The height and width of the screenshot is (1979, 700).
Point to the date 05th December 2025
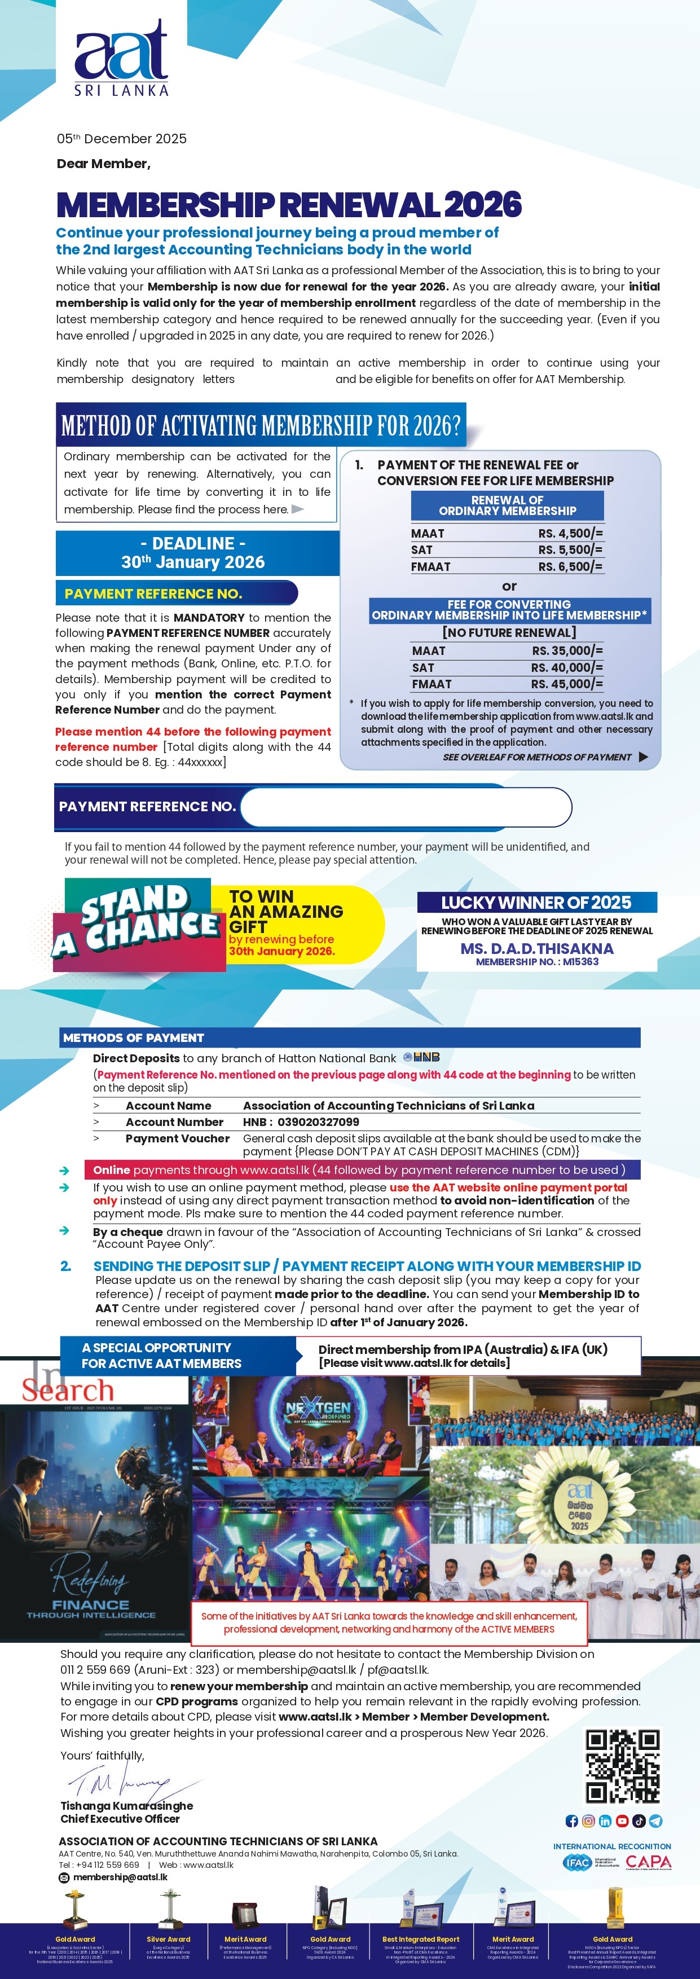tap(121, 139)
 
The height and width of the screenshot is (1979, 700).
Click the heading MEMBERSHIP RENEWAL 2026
tap(289, 204)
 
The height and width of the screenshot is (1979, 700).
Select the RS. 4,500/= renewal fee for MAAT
tap(570, 533)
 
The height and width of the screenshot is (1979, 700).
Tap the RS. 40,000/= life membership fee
tap(566, 667)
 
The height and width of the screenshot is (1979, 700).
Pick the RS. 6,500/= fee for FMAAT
tap(570, 566)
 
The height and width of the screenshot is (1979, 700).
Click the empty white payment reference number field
tap(406, 807)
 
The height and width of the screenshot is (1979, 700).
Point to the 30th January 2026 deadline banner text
tap(193, 562)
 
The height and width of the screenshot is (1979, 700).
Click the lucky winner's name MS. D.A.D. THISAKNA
tap(536, 949)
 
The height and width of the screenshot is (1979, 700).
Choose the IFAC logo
tap(577, 1862)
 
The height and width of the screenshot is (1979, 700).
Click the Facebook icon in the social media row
tap(571, 1820)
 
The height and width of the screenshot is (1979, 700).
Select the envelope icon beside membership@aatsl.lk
tap(64, 1877)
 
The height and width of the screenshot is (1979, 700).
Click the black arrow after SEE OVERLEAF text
tap(643, 757)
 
